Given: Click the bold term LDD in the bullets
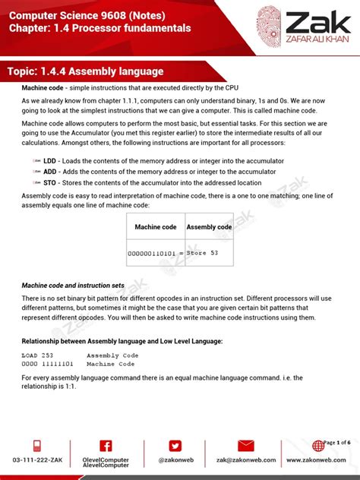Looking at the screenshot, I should (x=49, y=161).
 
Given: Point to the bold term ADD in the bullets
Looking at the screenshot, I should (x=50, y=172).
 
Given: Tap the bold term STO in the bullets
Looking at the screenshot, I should (x=49, y=182).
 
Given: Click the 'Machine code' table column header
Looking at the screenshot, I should (x=156, y=227).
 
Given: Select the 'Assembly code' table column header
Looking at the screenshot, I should (x=209, y=227).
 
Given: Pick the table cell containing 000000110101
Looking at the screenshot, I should (x=156, y=253).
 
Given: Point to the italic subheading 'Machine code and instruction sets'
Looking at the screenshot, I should (x=73, y=286).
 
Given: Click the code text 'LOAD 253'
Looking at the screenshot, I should (x=38, y=355).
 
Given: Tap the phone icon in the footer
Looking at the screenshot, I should (x=36, y=446).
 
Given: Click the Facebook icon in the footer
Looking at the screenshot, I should (x=106, y=446).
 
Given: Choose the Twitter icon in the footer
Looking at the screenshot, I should (x=175, y=446).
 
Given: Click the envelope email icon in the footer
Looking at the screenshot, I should (x=245, y=446).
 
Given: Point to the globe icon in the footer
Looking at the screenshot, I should (x=316, y=447).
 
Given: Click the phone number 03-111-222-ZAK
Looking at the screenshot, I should (x=36, y=460).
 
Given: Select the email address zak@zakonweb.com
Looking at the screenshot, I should (x=245, y=460).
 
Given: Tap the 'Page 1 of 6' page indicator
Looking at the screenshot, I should (x=336, y=442).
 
